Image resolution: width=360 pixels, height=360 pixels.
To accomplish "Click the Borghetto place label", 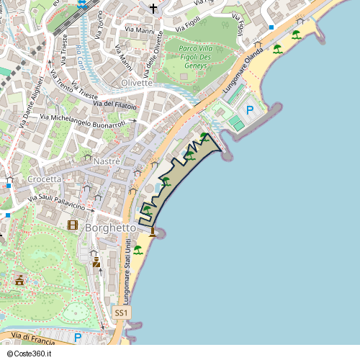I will (x=110, y=228).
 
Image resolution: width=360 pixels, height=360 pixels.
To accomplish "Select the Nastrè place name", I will (x=107, y=161).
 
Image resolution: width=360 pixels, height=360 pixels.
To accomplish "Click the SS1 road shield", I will (x=122, y=313).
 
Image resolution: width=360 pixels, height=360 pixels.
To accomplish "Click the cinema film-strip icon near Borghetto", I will (x=73, y=225).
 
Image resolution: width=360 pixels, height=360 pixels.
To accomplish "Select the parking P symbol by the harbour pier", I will (x=250, y=110).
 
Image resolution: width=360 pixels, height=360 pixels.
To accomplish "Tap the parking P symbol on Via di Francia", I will (x=78, y=337).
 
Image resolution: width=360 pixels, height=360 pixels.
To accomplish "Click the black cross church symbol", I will (x=153, y=8).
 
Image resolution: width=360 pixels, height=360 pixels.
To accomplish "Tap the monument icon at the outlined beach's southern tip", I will (x=152, y=231).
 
